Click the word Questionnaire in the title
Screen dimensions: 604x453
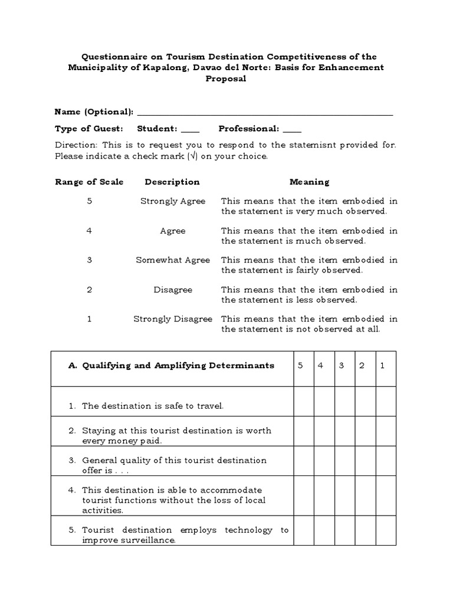click(112, 57)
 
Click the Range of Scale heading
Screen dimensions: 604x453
click(89, 182)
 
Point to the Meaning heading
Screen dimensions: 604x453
click(309, 182)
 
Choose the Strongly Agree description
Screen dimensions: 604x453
click(173, 201)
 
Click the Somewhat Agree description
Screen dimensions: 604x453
click(173, 260)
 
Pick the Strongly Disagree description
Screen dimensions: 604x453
click(173, 319)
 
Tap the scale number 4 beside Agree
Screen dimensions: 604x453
click(89, 231)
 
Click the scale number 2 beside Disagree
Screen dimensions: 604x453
click(89, 290)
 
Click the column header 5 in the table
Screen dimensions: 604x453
click(300, 366)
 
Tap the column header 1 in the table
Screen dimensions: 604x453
click(382, 366)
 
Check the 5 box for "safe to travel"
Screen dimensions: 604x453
click(303, 402)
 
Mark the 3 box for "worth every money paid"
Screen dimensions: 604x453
click(344, 431)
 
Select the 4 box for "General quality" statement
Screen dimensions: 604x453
click(324, 461)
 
